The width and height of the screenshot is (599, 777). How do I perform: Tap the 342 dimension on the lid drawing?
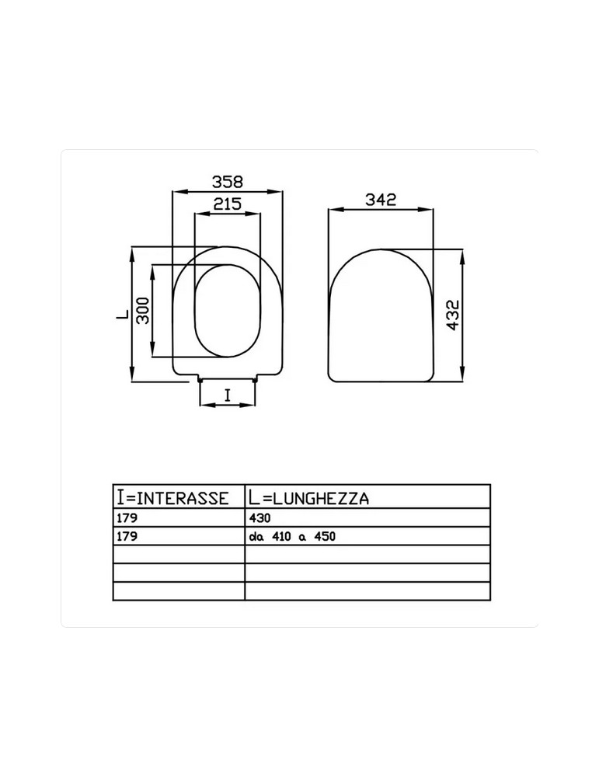(380, 200)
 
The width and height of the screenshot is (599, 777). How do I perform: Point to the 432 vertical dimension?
(454, 315)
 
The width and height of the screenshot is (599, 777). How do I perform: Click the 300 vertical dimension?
(143, 311)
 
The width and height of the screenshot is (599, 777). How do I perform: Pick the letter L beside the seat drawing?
(122, 315)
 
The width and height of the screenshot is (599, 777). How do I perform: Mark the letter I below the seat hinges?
(227, 395)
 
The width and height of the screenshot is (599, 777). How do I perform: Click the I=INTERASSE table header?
(172, 497)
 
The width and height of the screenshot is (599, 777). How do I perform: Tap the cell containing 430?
(259, 517)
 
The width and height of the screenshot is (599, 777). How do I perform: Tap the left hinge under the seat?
(202, 380)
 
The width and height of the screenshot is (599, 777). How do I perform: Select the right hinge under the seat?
(256, 380)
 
